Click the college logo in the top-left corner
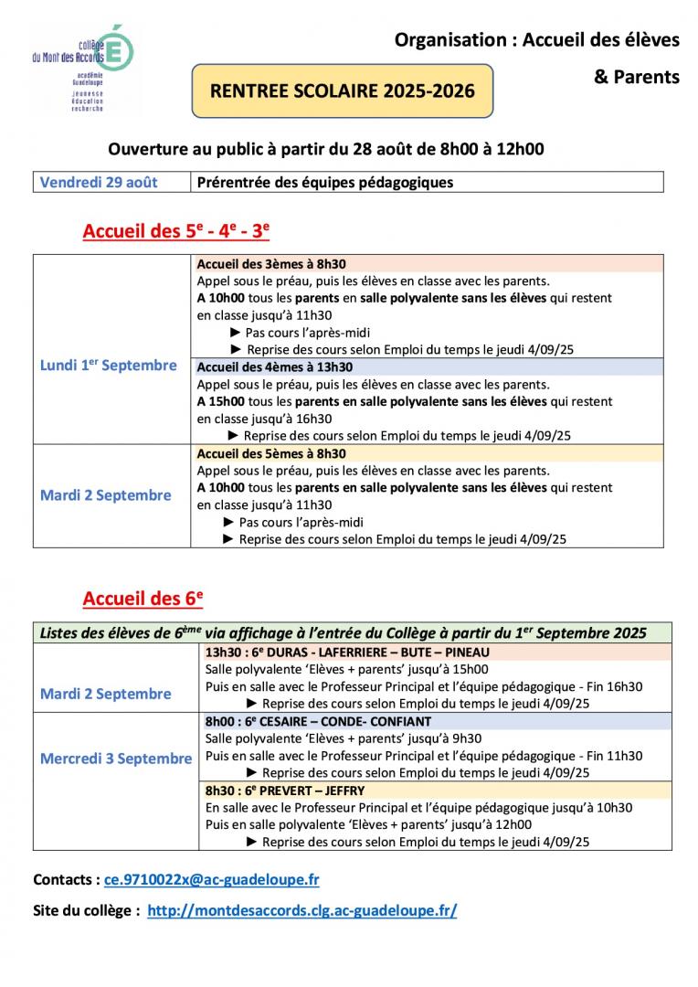tap(81, 69)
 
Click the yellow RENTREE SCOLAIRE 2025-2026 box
tap(342, 90)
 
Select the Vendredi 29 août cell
tap(99, 182)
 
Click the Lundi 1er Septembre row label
tap(109, 366)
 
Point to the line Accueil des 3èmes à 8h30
tap(272, 263)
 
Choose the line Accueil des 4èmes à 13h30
tap(275, 366)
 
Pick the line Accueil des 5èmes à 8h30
tap(272, 453)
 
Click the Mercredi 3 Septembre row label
tap(116, 759)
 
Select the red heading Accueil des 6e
tap(143, 599)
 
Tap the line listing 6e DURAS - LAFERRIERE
tap(347, 653)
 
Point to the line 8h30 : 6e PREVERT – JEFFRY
tap(285, 791)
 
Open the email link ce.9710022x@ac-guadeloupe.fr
tap(211, 879)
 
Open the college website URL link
tap(301, 910)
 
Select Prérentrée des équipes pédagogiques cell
tap(325, 182)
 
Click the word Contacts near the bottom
tap(66, 879)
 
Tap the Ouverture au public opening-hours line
tap(326, 148)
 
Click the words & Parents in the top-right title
tap(637, 77)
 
